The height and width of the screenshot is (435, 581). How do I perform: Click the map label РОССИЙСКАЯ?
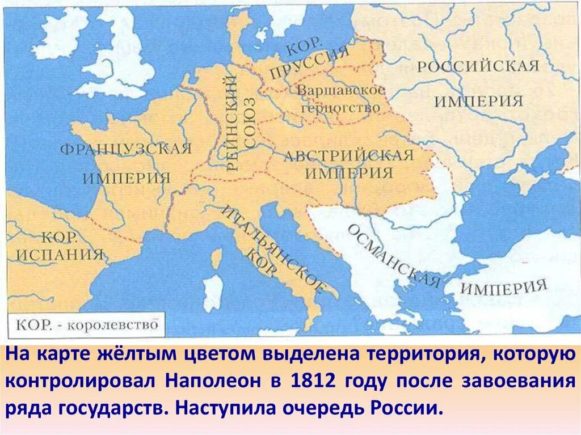point(478,65)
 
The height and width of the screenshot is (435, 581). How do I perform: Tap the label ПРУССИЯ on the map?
point(309,62)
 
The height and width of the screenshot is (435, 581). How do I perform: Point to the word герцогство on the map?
point(340,107)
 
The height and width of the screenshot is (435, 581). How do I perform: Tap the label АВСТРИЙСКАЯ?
point(348,155)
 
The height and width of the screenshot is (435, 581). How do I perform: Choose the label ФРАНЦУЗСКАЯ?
point(125,150)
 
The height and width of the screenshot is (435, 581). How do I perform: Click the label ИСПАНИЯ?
point(60,254)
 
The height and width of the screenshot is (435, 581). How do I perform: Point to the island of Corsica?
point(216,259)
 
